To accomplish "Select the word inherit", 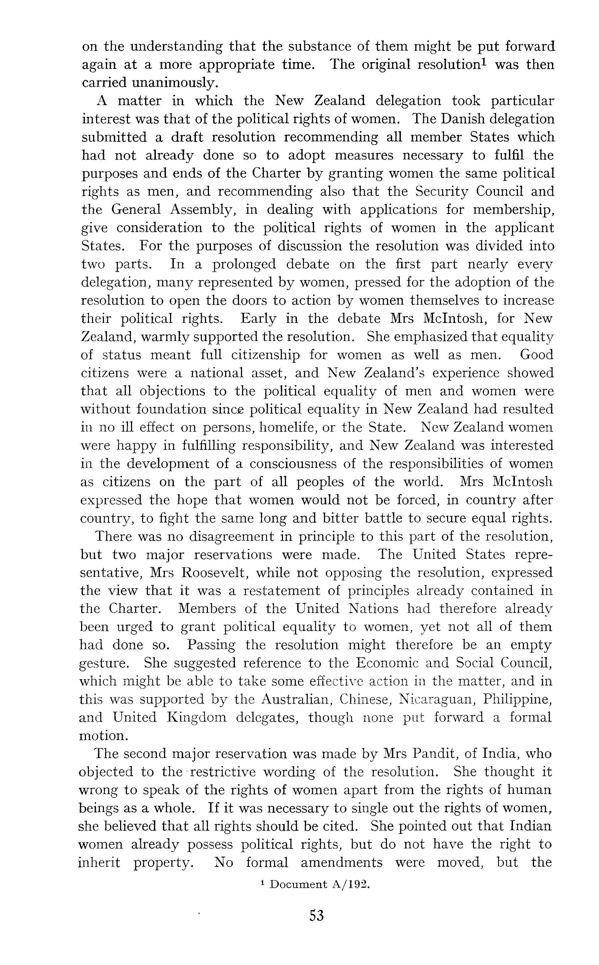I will pos(99,862).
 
